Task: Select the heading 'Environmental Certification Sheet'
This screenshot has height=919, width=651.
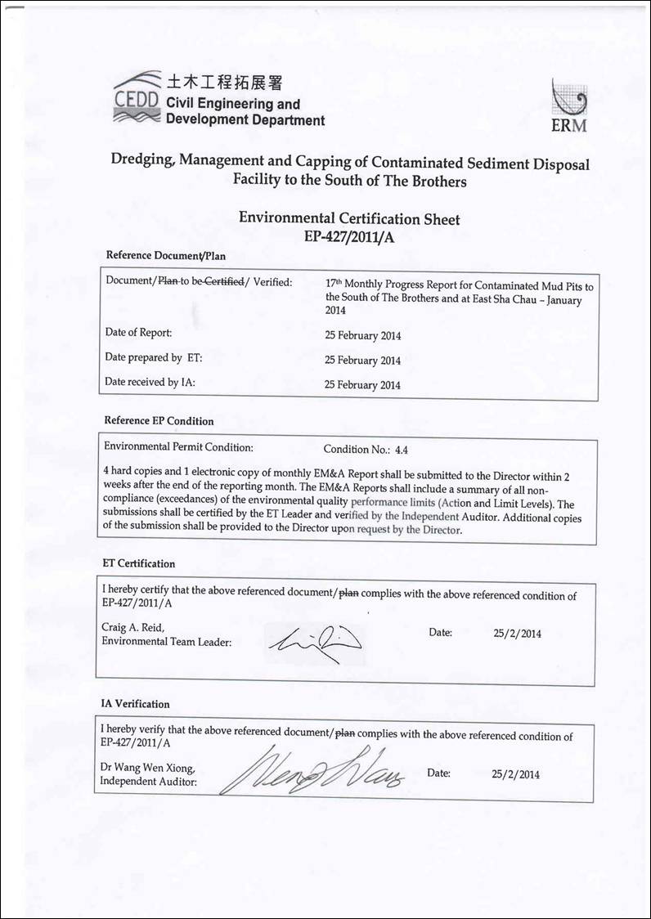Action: [349, 218]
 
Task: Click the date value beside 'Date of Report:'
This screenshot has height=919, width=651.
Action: [363, 335]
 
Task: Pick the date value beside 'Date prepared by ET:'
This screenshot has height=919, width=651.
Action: [363, 360]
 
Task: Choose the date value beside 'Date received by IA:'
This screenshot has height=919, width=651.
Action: [363, 385]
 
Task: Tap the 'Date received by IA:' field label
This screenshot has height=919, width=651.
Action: [150, 382]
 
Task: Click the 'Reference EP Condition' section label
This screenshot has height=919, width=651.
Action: [159, 421]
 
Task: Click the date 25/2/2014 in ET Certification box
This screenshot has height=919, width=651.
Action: [518, 633]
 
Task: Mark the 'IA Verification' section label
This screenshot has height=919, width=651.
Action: [135, 704]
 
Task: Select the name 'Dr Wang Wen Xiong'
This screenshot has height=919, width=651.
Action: [147, 767]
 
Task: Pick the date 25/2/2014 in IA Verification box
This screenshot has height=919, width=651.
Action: [515, 773]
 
